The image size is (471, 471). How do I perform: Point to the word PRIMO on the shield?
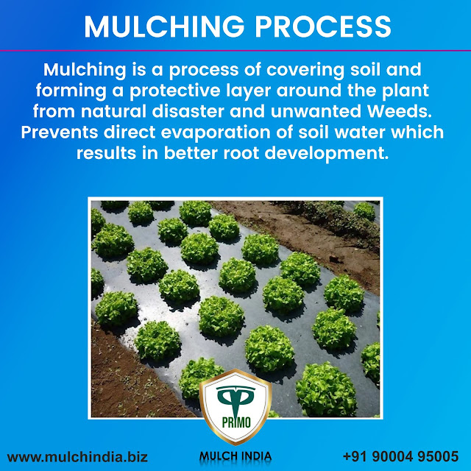[235, 425]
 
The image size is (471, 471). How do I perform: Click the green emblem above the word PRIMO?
[235, 401]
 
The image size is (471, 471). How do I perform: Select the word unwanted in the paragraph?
[314, 113]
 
